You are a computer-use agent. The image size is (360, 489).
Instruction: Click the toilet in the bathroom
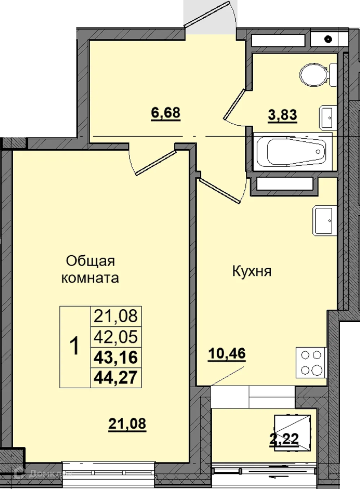coord(316,75)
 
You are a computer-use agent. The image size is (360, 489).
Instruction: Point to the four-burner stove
coord(311,363)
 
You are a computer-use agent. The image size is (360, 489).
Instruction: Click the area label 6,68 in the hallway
coord(165,113)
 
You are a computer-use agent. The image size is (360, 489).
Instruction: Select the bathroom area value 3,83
coord(283,115)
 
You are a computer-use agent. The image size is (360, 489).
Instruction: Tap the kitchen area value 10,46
coord(227,354)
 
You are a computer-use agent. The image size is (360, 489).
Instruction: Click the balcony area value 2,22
coord(284,439)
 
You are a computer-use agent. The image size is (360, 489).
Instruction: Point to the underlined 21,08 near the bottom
coord(127,424)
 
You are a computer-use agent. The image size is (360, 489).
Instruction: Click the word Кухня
coord(252,271)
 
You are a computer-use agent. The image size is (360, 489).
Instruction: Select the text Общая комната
coord(90,269)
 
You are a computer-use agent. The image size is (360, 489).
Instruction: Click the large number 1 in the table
coord(75,347)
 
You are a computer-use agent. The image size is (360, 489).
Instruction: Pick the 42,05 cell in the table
coord(116,337)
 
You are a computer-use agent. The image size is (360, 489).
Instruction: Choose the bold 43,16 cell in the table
coord(116,357)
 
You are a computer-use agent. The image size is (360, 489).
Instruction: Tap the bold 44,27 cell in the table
coord(116,378)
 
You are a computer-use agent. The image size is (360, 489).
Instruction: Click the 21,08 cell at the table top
coord(116,316)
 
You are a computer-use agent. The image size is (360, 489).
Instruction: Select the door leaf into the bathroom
coord(234,104)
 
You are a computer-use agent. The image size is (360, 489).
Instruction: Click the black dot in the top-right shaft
coord(328,39)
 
